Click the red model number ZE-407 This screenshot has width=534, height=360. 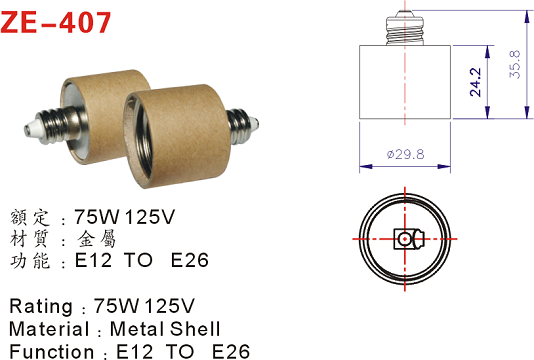point(56,22)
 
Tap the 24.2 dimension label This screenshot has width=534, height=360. point(475,82)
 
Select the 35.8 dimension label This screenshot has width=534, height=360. point(515,65)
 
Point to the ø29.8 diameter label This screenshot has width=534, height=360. point(405,154)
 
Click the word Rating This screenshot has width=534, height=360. point(41,306)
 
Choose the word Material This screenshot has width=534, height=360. point(49,329)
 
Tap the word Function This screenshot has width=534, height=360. point(51,351)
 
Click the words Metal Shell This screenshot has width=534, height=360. point(165,329)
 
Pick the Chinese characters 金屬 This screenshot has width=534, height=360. point(97,239)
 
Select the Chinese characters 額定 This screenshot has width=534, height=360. point(30,217)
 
